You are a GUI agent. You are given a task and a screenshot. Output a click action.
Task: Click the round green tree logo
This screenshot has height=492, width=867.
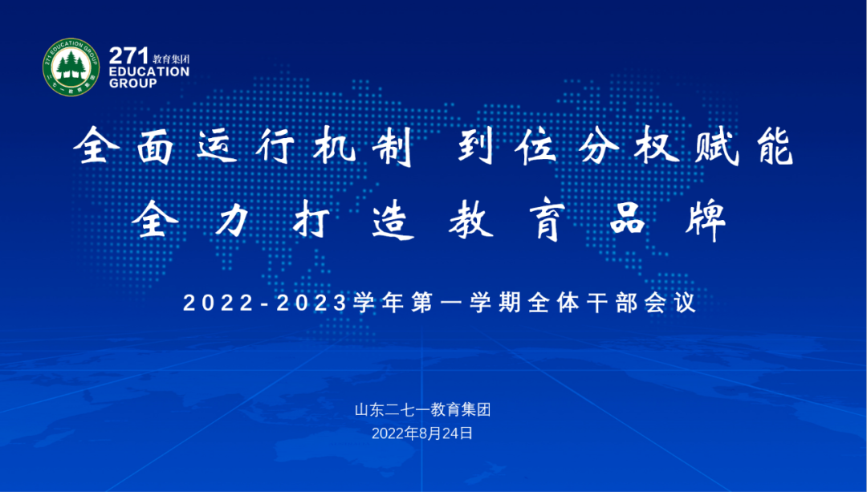(71, 67)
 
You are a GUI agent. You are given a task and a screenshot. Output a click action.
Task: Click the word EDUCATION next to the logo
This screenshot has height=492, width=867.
(149, 71)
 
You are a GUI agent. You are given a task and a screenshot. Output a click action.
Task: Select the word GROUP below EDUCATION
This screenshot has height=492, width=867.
(133, 83)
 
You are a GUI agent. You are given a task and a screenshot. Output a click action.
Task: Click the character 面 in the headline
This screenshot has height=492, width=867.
(158, 148)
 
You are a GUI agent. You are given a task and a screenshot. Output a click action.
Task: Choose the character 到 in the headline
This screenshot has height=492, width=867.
(477, 148)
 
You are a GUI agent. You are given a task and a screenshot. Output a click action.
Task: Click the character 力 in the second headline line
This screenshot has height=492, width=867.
(234, 220)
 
